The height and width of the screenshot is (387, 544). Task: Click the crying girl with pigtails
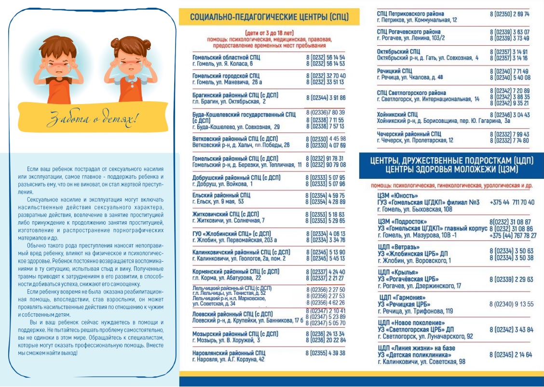pos(131,67)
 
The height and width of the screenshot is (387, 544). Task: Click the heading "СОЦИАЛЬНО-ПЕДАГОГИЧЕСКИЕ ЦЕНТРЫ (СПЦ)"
pos(269,18)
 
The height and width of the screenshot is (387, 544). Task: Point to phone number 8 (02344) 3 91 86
pos(326,98)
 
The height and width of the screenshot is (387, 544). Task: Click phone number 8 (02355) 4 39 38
pos(326,353)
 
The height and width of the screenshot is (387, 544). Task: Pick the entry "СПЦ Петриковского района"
pos(410,14)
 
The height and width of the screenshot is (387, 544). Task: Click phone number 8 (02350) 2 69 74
pos(509,14)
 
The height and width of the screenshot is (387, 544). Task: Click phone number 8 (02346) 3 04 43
pos(509,115)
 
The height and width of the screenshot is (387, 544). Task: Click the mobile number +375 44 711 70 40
pos(512,202)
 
